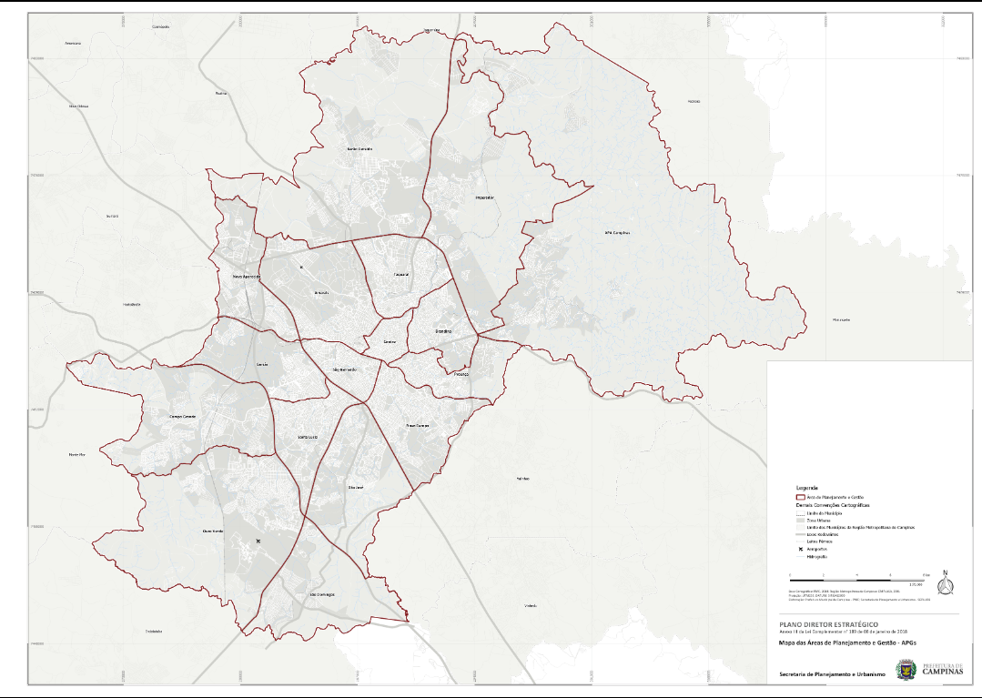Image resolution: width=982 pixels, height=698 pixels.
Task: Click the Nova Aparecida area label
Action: tap(247, 276)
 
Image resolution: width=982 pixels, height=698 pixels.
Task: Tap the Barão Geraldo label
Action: tap(360, 148)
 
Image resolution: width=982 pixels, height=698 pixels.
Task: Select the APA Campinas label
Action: tap(617, 233)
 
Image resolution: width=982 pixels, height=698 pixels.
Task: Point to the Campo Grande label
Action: tap(183, 416)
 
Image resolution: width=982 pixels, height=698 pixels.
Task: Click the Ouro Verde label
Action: tap(212, 531)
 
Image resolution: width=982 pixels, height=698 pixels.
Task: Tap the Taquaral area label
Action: tap(401, 274)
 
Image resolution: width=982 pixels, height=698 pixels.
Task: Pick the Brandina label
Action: tap(443, 332)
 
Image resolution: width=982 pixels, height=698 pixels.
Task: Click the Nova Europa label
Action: tap(417, 425)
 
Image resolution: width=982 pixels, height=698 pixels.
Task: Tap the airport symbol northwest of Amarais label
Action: tap(300, 268)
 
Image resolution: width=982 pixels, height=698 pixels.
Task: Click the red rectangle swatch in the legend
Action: tap(801, 497)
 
